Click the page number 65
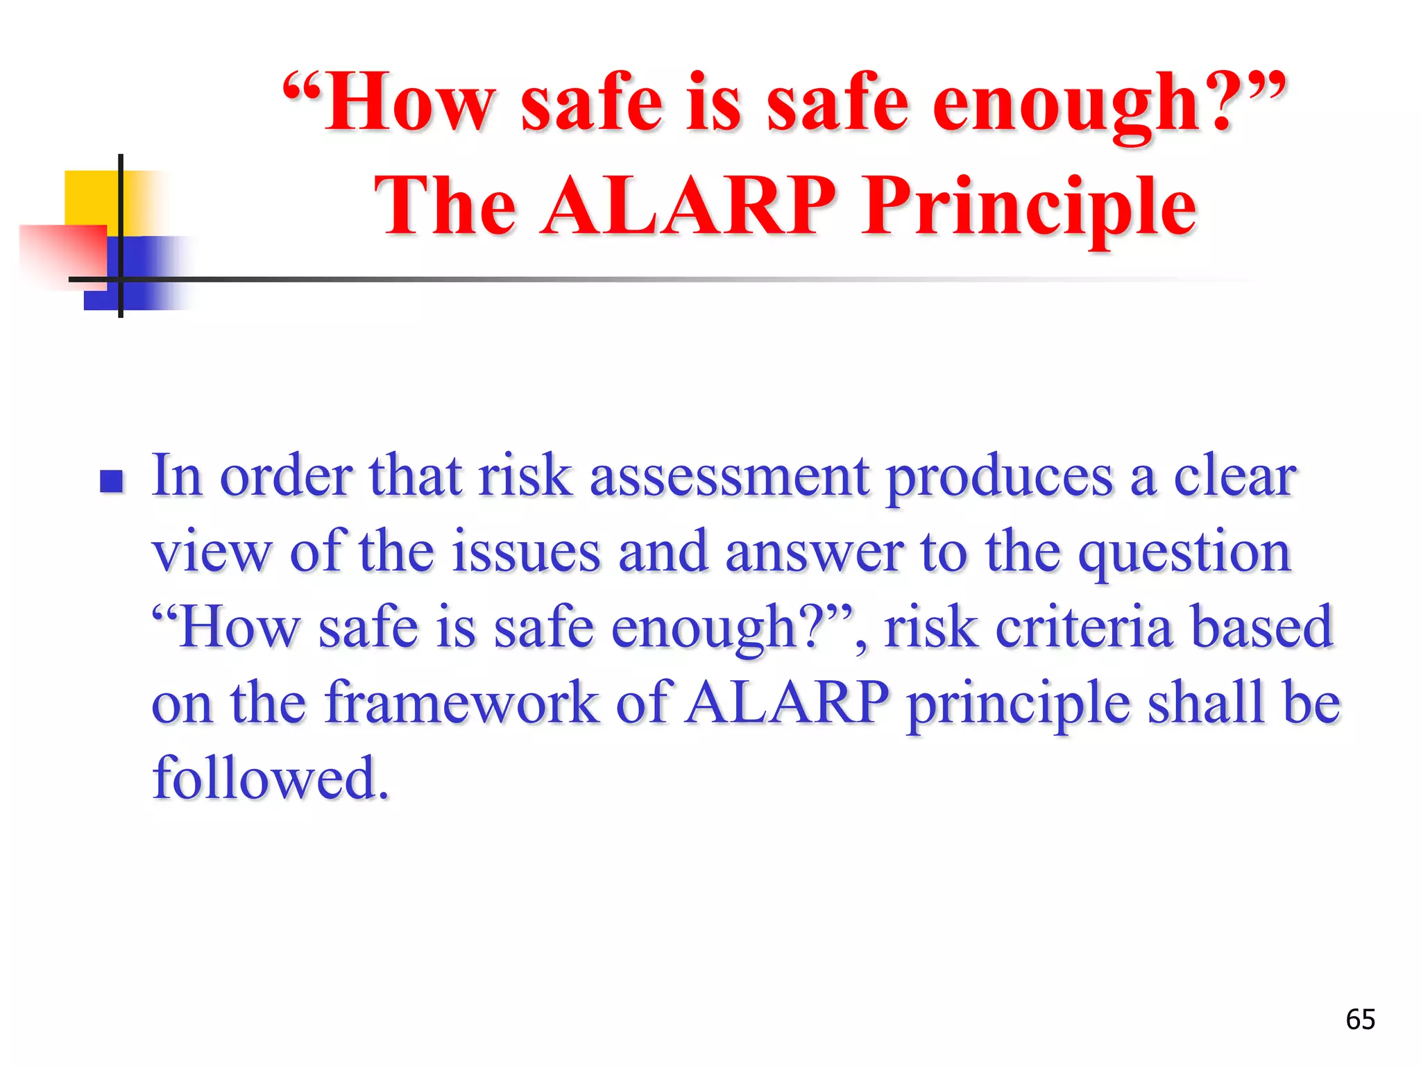click(x=1360, y=1020)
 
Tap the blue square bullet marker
click(x=111, y=481)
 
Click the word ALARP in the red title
click(x=689, y=205)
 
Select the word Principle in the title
click(x=1029, y=207)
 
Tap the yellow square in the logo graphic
click(x=90, y=198)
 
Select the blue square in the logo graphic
click(x=146, y=274)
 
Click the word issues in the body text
click(x=526, y=552)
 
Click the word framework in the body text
click(x=461, y=702)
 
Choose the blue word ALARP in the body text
click(x=786, y=702)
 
